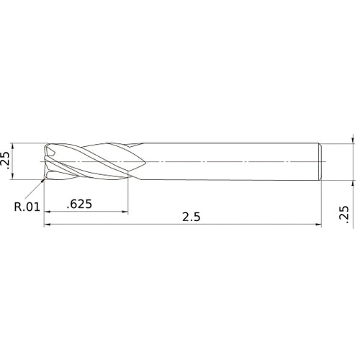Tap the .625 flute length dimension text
click(x=79, y=204)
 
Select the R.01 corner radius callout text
click(x=27, y=208)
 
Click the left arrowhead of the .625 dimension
click(x=48, y=212)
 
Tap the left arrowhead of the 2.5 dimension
click(x=48, y=225)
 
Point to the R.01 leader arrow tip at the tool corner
click(x=45, y=180)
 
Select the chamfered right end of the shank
click(x=319, y=162)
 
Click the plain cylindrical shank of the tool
click(x=230, y=162)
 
